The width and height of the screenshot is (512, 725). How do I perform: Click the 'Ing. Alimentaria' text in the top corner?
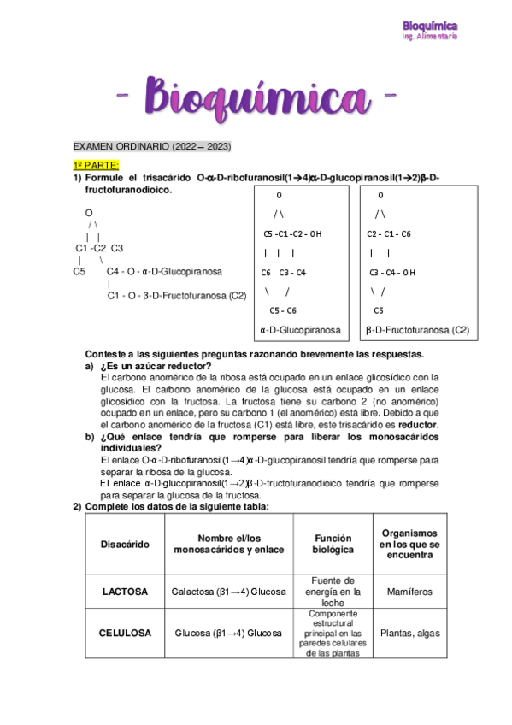(x=430, y=36)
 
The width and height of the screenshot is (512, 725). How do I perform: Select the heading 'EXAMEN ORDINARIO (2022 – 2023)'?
(x=152, y=146)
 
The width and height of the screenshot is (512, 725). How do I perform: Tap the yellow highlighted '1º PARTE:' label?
(x=96, y=163)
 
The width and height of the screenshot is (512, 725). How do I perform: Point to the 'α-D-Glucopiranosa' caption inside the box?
(x=300, y=329)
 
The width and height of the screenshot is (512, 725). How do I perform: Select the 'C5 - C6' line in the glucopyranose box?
(x=282, y=309)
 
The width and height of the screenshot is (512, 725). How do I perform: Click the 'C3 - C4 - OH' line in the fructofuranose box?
(x=391, y=273)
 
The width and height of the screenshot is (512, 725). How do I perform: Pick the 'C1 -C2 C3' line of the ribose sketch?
(x=100, y=248)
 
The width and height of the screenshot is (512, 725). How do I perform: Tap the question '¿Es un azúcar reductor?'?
(x=156, y=366)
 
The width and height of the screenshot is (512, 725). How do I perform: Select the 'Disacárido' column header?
(x=125, y=544)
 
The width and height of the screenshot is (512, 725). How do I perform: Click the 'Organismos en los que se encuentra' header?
(x=409, y=544)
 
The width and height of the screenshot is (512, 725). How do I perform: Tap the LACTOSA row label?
(x=125, y=592)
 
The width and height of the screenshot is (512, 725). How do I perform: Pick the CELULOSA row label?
(x=125, y=633)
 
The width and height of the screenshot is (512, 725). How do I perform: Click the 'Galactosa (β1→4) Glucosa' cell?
(x=228, y=592)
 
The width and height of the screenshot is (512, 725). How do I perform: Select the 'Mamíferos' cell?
(x=409, y=592)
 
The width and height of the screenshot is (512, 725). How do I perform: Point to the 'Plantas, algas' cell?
(x=409, y=633)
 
